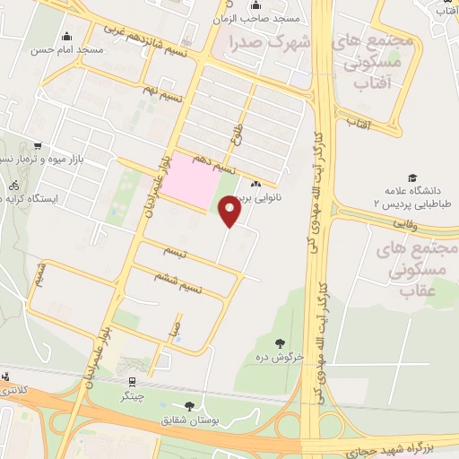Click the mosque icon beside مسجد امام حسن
[x=67, y=37]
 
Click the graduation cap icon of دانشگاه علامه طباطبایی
[x=412, y=178]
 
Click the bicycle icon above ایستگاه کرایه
[x=13, y=185]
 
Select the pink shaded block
[x=195, y=181]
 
